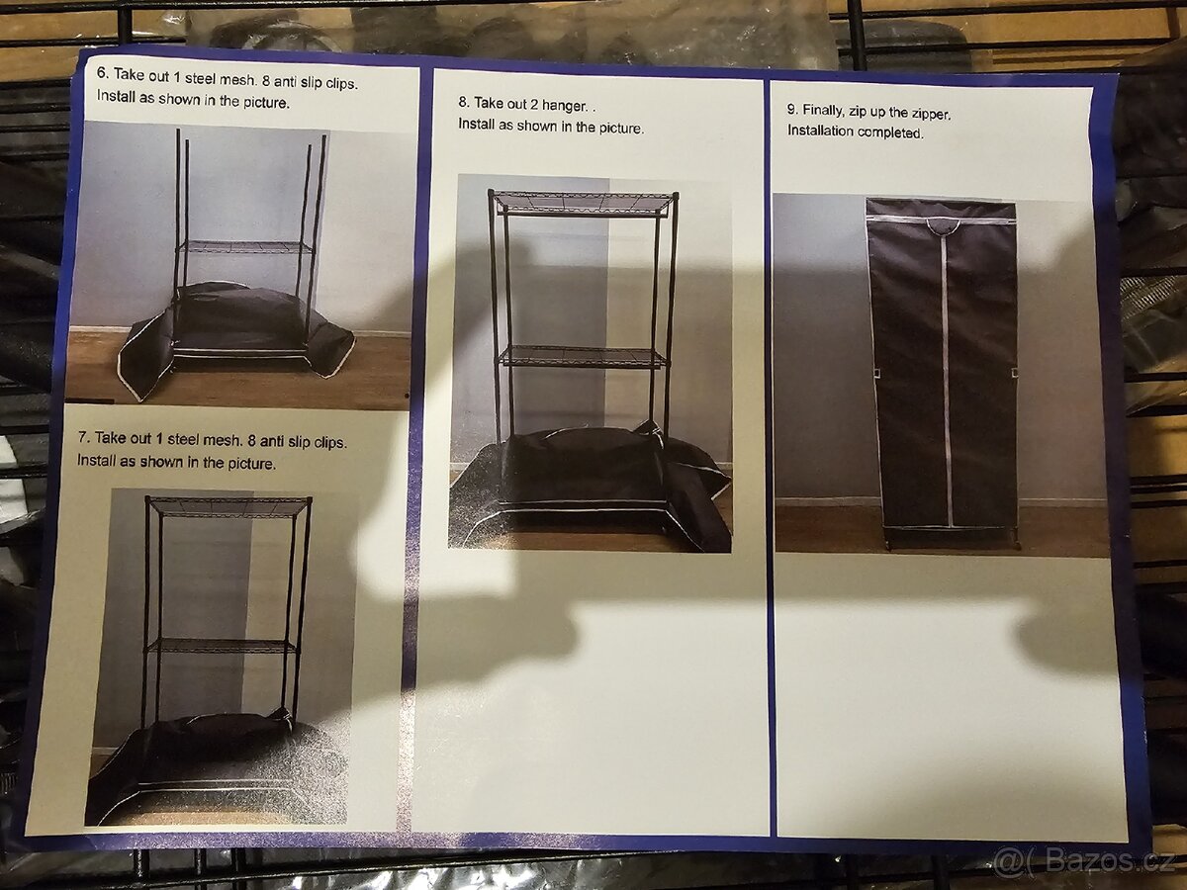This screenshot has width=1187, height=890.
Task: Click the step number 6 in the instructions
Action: coord(102,73)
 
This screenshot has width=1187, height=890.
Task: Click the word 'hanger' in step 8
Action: coord(564,106)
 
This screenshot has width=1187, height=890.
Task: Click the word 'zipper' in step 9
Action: coord(931,114)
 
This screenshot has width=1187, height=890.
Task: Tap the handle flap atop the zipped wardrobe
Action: coord(941,225)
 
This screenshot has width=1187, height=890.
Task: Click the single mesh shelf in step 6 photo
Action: coord(246,247)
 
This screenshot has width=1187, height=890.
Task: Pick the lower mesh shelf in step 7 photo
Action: coord(223,645)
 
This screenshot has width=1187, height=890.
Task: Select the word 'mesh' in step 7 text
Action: coord(223,440)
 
